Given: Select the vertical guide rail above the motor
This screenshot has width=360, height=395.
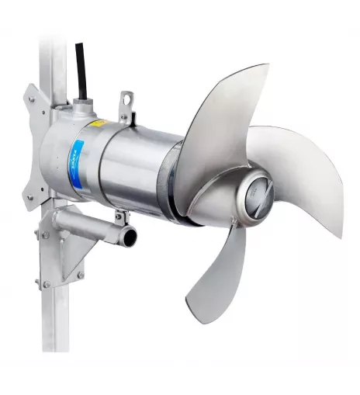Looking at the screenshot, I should pos(53,47).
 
